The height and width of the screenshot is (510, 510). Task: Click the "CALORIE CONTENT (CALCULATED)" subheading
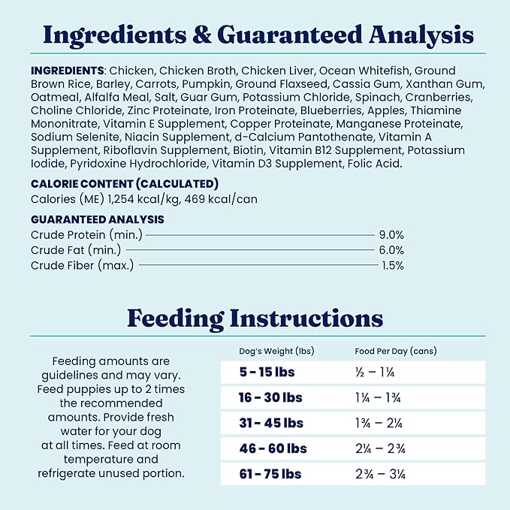(125, 183)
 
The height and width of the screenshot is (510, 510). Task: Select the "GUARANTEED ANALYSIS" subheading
(98, 219)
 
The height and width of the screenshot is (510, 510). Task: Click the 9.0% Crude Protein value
(391, 234)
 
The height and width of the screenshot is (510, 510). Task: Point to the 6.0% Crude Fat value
(391, 249)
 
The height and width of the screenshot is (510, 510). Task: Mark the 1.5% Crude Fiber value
(392, 264)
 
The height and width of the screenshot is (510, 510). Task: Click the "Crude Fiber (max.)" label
(82, 264)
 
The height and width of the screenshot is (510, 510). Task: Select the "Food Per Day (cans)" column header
(395, 351)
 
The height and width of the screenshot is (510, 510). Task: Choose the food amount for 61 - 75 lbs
(382, 474)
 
